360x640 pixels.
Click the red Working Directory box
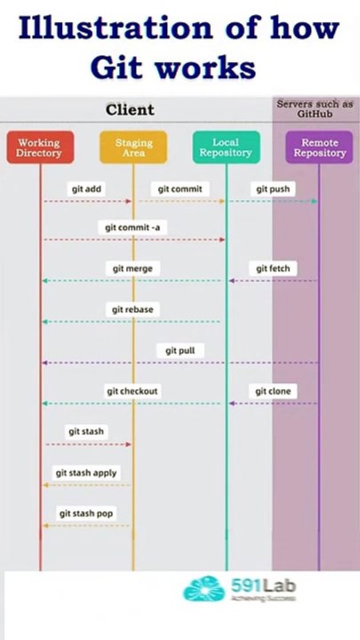point(39,148)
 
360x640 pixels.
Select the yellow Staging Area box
point(133,148)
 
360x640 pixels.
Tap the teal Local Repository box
point(226,148)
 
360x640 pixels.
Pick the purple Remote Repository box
point(319,148)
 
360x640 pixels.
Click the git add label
point(87,189)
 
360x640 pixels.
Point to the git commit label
point(180,189)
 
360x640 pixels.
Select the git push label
point(273,189)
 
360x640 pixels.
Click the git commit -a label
point(133,228)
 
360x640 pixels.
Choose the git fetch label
point(273,268)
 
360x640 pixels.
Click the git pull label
point(180,350)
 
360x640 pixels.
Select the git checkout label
point(133,391)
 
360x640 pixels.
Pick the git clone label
point(273,391)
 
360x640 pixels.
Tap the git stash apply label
point(86,473)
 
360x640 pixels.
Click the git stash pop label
point(86,514)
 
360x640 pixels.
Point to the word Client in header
point(130,110)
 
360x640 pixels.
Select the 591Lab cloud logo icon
point(204,589)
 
